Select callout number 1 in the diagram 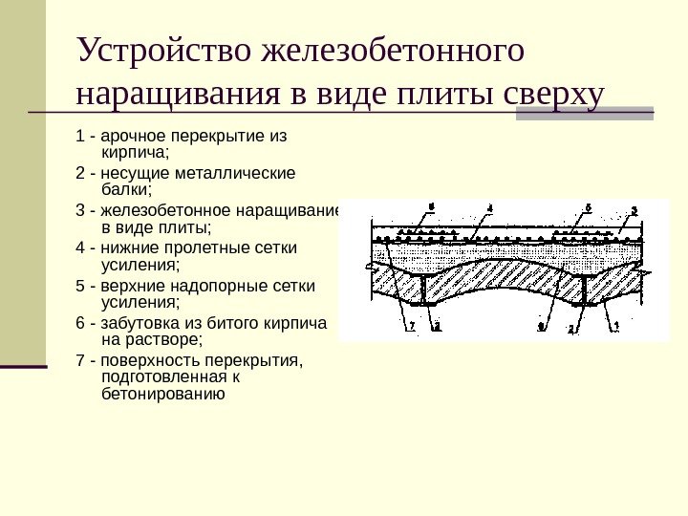[x=616, y=326]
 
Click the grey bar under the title [x=585, y=114]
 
